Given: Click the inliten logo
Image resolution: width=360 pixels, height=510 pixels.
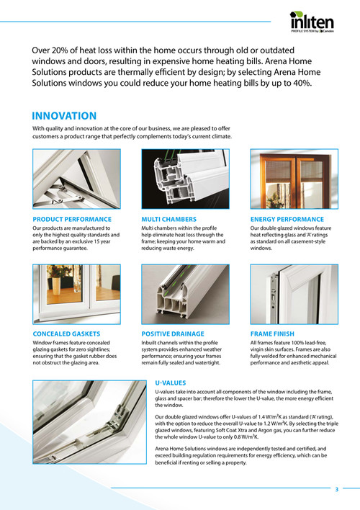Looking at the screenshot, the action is (x=312, y=22).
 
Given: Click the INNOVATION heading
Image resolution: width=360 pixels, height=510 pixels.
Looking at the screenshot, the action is (x=64, y=116).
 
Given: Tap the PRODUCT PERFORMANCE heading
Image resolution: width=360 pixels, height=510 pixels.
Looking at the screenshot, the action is (x=72, y=219).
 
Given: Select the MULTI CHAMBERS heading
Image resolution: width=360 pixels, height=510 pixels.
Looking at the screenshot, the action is (x=168, y=219).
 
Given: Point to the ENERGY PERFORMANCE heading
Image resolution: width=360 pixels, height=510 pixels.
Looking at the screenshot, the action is (x=287, y=219).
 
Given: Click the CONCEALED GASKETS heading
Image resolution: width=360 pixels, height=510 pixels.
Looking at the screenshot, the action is (x=66, y=334).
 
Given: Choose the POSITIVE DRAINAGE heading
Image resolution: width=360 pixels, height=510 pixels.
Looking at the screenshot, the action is (x=173, y=334).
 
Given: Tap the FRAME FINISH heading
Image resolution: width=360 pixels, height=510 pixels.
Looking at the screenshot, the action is (x=272, y=334).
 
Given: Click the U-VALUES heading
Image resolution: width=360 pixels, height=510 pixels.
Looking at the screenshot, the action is (x=171, y=382).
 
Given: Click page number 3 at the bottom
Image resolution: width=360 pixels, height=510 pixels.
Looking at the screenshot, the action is (x=337, y=489).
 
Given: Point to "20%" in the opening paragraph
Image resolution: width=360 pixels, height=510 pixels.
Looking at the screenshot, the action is (x=60, y=50).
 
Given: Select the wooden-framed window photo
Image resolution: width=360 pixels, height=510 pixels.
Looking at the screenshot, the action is (x=294, y=179).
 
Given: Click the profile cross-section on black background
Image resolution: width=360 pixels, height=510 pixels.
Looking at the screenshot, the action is (x=185, y=179).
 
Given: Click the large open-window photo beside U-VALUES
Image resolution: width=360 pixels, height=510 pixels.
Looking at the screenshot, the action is (x=89, y=422).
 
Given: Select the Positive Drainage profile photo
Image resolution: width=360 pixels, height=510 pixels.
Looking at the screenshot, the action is (x=185, y=294).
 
